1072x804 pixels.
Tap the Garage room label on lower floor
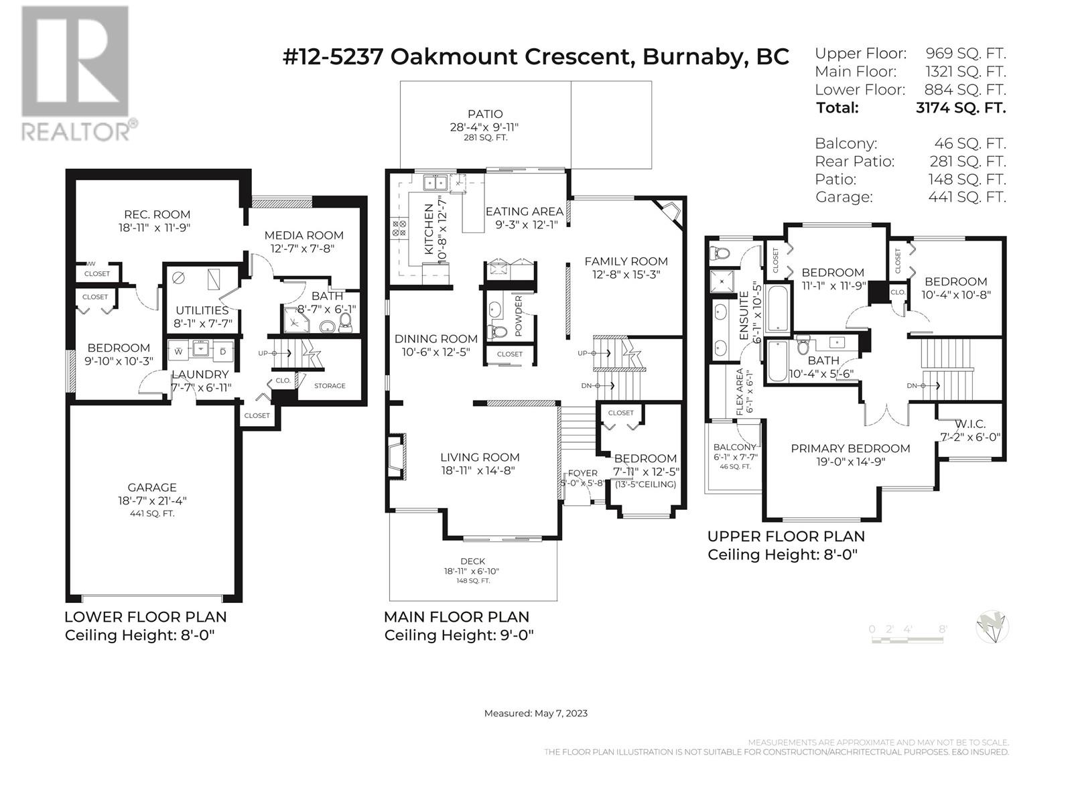pyautogui.click(x=152, y=488)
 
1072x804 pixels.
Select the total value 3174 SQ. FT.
pyautogui.click(x=960, y=108)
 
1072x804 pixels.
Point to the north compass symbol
pyautogui.click(x=992, y=628)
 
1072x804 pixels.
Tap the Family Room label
pyautogui.click(x=626, y=261)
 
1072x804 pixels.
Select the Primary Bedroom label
pyautogui.click(x=850, y=448)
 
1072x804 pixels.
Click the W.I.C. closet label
pyautogui.click(x=969, y=424)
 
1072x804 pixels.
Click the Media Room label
pyautogui.click(x=304, y=235)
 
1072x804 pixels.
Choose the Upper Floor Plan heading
pyautogui.click(x=786, y=536)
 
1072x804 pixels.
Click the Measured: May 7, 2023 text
pyautogui.click(x=535, y=713)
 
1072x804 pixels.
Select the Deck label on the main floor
pyautogui.click(x=472, y=561)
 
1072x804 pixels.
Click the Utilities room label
pyautogui.click(x=202, y=310)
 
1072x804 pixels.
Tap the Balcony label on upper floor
pyautogui.click(x=734, y=447)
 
